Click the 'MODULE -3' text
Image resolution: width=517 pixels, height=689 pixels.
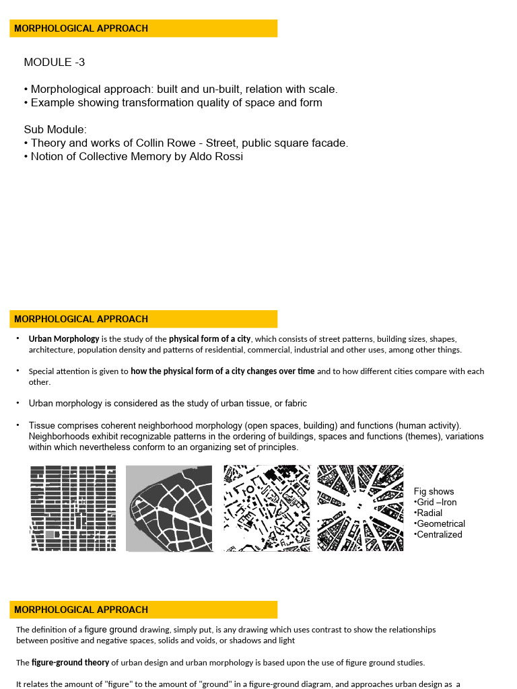pyautogui.click(x=55, y=63)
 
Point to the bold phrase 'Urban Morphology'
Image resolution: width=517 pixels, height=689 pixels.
pyautogui.click(x=64, y=339)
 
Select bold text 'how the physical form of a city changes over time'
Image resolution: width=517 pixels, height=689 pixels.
pyautogui.click(x=223, y=371)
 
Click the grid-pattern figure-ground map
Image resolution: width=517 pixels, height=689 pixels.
pyautogui.click(x=73, y=508)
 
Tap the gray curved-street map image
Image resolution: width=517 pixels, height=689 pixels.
pyautogui.click(x=169, y=508)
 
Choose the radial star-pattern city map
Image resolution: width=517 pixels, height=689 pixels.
pyautogui.click(x=360, y=508)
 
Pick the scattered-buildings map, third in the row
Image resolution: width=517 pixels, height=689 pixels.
pyautogui.click(x=267, y=508)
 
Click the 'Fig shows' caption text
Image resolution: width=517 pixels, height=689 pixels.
pyautogui.click(x=434, y=492)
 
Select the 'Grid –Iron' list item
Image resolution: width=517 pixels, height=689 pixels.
pyautogui.click(x=436, y=503)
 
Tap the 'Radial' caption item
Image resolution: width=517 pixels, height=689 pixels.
pyautogui.click(x=429, y=513)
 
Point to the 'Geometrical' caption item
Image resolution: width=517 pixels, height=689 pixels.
pyautogui.click(x=440, y=524)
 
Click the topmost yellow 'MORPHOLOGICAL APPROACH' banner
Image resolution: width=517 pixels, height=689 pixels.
pyautogui.click(x=143, y=28)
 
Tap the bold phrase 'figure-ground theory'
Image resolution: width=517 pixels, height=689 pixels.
pyautogui.click(x=70, y=663)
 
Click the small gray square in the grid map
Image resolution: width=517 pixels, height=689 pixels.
pyautogui.click(x=50, y=534)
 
